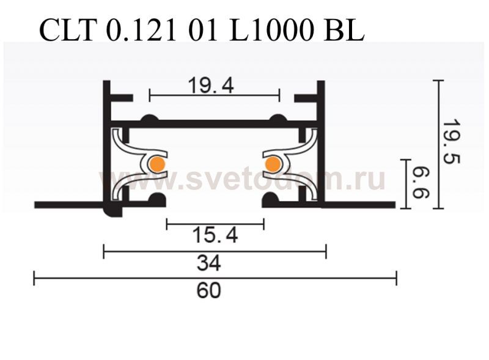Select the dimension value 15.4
pos(215,234)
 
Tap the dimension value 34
pos(209,263)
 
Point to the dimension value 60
pos(208,290)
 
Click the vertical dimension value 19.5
pos(451,142)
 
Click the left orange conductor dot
pos(157,164)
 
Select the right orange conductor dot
pos(271,164)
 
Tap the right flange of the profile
pos(358,204)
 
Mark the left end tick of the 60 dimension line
pos(34,279)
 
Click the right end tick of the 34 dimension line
pos(326,251)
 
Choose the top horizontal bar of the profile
pos(214,123)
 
